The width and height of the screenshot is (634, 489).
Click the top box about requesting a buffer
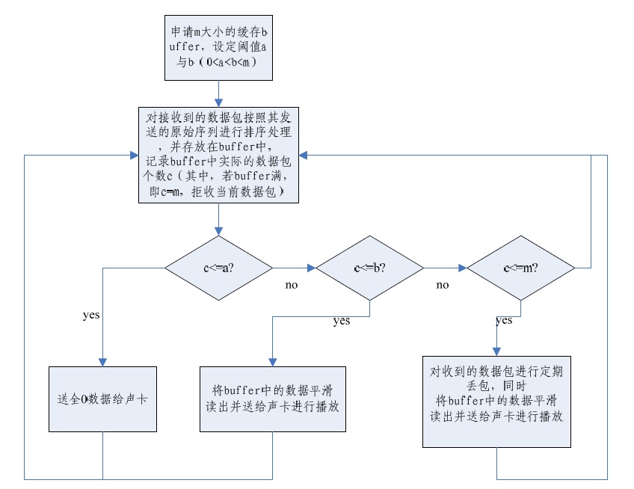(218, 47)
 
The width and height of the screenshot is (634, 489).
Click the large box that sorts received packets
(218, 155)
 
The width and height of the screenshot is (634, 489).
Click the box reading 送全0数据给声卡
(102, 399)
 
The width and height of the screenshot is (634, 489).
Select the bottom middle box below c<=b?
(273, 399)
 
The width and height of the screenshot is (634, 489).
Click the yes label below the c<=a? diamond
(90, 314)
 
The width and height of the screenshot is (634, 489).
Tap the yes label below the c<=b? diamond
(341, 322)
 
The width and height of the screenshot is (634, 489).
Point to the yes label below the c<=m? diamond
(504, 321)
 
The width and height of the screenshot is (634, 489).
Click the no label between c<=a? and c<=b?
(292, 285)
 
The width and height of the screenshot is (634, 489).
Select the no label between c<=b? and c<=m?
(443, 285)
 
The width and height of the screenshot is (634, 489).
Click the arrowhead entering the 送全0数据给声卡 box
(102, 361)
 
